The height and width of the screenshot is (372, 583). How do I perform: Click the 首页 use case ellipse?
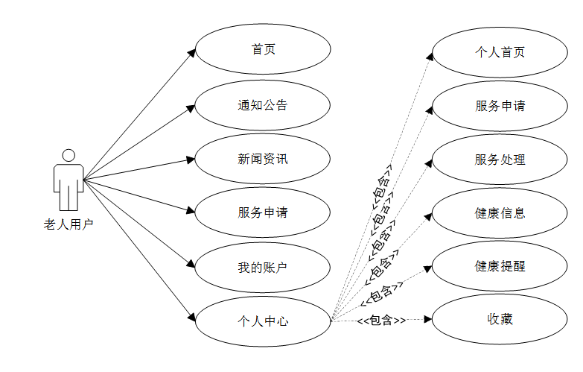pyautogui.click(x=263, y=51)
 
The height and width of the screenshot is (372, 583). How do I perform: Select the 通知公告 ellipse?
pyautogui.click(x=263, y=105)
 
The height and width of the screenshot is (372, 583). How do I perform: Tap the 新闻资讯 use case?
pyautogui.click(x=263, y=159)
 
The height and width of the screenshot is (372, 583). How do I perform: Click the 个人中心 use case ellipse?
pyautogui.click(x=263, y=321)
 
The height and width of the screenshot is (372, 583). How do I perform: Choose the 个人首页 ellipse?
pyautogui.click(x=500, y=52)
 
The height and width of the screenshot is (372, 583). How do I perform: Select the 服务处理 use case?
pyautogui.click(x=500, y=160)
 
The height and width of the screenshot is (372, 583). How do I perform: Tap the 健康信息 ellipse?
pyautogui.click(x=500, y=213)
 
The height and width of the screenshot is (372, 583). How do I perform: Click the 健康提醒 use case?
pyautogui.click(x=500, y=266)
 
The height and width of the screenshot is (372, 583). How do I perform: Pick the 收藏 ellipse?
pyautogui.click(x=500, y=320)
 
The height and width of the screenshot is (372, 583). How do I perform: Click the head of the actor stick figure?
pyautogui.click(x=69, y=155)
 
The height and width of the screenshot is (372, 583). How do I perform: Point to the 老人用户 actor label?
pyautogui.click(x=69, y=223)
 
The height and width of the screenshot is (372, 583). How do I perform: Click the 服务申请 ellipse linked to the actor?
pyautogui.click(x=263, y=212)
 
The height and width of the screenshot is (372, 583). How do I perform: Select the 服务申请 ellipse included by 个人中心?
pyautogui.click(x=500, y=106)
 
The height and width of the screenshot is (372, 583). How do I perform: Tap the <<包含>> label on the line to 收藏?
pyautogui.click(x=380, y=321)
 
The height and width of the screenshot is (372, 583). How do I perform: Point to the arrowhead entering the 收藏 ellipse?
pyautogui.click(x=427, y=320)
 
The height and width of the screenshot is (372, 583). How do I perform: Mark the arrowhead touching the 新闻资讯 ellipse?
pyautogui.click(x=191, y=160)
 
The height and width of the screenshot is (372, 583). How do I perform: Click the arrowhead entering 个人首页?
pyautogui.click(x=430, y=55)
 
